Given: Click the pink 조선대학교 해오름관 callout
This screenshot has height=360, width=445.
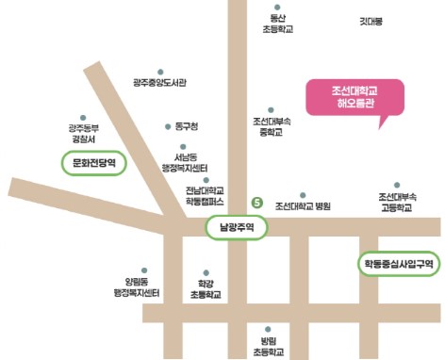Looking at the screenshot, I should [x=354, y=97].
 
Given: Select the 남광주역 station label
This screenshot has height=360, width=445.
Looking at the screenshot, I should [x=231, y=227].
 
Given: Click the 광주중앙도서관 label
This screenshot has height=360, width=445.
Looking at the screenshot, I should [x=159, y=83].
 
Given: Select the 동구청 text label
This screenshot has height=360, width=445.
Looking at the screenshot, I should [x=189, y=126].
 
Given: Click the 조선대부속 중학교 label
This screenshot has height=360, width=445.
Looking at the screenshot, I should [x=272, y=127].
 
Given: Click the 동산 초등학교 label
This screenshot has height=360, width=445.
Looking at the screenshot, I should [x=277, y=24].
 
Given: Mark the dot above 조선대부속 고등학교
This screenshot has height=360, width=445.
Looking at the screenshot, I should [x=396, y=184].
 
